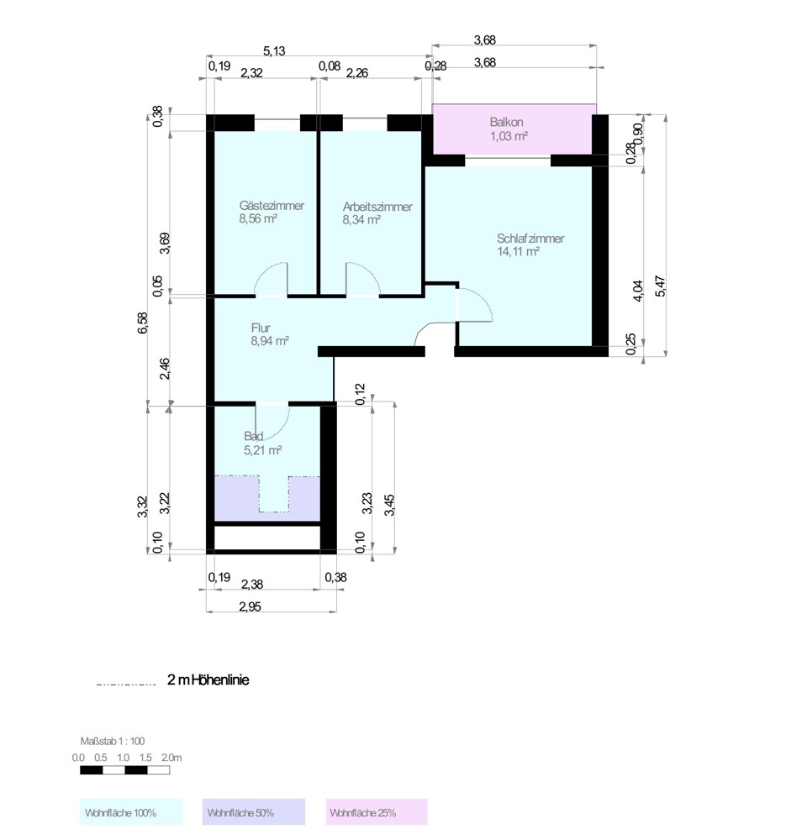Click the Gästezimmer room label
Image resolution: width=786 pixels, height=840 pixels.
click(x=271, y=206)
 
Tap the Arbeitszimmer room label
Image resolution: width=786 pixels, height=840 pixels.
click(x=377, y=206)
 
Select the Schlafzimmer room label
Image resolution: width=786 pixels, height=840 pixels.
click(x=530, y=239)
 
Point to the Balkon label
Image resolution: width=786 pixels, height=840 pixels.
click(x=506, y=121)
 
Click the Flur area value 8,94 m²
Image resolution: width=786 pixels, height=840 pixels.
click(x=269, y=341)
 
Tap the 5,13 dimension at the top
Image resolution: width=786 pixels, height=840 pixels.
click(x=275, y=51)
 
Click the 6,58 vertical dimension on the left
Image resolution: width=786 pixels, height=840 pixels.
click(x=143, y=322)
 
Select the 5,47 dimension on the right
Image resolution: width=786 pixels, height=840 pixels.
click(x=662, y=286)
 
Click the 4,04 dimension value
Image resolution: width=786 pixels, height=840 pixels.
click(x=638, y=290)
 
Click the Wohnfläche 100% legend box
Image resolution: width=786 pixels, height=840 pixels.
click(x=131, y=812)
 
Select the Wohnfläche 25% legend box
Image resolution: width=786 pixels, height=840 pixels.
click(x=377, y=812)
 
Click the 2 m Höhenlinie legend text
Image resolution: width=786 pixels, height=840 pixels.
click(x=208, y=680)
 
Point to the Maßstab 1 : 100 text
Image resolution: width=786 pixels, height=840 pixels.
click(x=112, y=741)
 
